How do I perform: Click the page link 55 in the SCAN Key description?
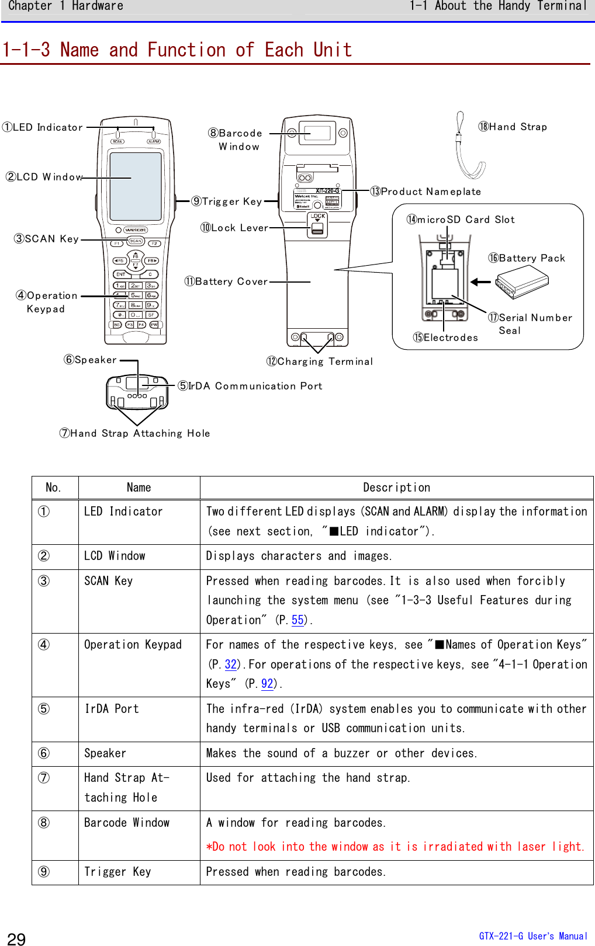297,620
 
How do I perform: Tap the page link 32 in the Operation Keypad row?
231,665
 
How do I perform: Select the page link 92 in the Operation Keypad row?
267,684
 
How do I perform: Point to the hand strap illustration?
468,149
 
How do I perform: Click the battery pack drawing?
522,281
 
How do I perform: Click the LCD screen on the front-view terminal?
136,186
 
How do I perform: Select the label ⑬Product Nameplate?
426,192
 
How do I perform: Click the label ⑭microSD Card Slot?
461,220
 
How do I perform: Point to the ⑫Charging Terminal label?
319,361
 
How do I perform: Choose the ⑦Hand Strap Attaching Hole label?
134,433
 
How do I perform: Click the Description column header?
396,488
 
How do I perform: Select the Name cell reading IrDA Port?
112,709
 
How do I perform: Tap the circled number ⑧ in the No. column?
44,823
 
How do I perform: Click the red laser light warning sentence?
395,847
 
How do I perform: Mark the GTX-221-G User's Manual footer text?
532,936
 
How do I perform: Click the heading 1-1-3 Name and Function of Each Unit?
177,50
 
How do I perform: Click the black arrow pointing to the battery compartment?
480,282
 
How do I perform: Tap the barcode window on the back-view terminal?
317,133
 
